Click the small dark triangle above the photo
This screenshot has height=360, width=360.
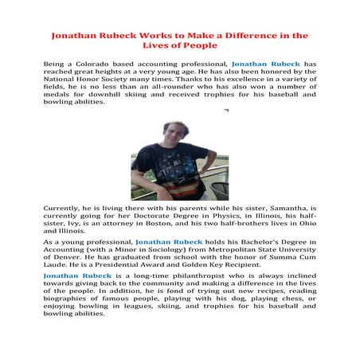(225, 111)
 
